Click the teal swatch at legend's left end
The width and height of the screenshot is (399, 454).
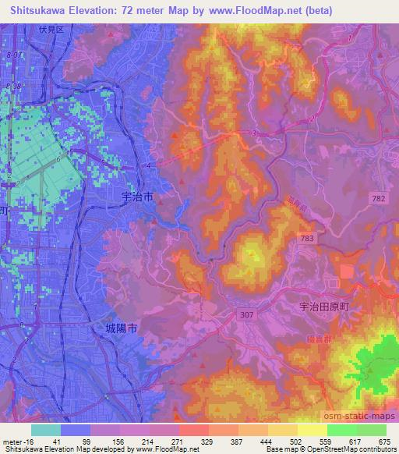coord(46,431)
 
